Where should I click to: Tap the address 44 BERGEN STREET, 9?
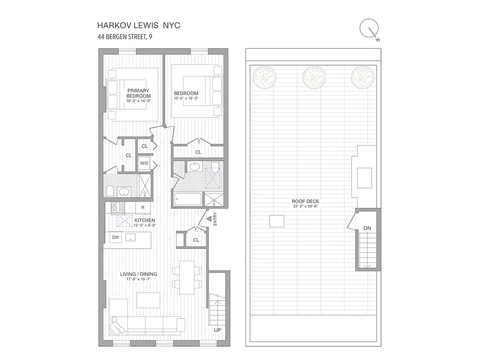click(x=125, y=37)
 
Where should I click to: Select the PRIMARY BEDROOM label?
click(x=138, y=93)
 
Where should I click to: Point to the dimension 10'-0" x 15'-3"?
click(x=186, y=98)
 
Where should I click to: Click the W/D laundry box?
click(x=144, y=163)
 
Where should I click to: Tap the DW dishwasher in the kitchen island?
click(x=116, y=237)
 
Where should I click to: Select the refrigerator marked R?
click(x=143, y=207)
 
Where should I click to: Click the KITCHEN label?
click(x=144, y=220)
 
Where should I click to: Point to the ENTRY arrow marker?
click(x=209, y=219)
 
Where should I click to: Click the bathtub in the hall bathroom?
click(x=188, y=199)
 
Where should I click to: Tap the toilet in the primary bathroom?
click(x=109, y=193)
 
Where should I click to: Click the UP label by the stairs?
click(x=218, y=330)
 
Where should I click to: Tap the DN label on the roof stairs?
click(x=368, y=229)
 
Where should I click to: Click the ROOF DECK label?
click(x=305, y=201)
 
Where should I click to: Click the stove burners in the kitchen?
click(x=117, y=207)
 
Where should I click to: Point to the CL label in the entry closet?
click(x=196, y=240)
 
